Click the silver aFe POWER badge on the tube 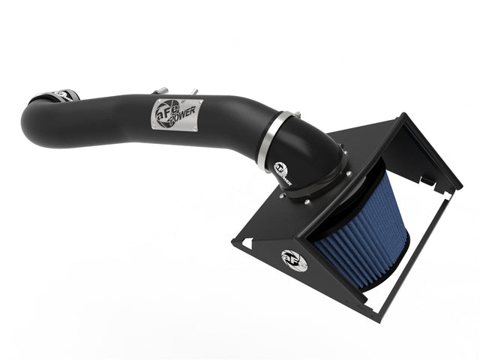178,113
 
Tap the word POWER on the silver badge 184,118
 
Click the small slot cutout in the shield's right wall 425,181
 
